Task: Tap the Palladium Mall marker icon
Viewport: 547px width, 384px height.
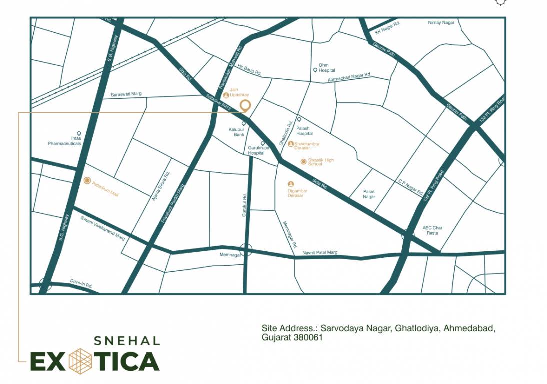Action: click(87, 180)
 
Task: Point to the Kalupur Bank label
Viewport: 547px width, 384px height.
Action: click(236, 132)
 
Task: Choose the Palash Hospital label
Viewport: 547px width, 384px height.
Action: click(304, 131)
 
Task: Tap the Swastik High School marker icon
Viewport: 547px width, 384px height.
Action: click(303, 161)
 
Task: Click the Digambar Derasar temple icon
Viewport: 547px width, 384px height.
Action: click(291, 184)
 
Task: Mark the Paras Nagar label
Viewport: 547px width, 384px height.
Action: click(369, 194)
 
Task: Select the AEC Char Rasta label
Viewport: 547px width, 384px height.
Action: click(432, 230)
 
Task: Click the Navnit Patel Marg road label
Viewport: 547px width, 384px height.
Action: click(320, 253)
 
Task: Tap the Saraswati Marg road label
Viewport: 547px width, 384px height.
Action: click(126, 94)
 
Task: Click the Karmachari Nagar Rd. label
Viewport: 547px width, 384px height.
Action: click(349, 77)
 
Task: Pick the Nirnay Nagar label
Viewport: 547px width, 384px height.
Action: click(441, 23)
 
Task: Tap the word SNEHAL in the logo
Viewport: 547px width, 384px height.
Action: click(127, 341)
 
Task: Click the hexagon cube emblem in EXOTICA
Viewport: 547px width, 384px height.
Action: click(80, 360)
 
